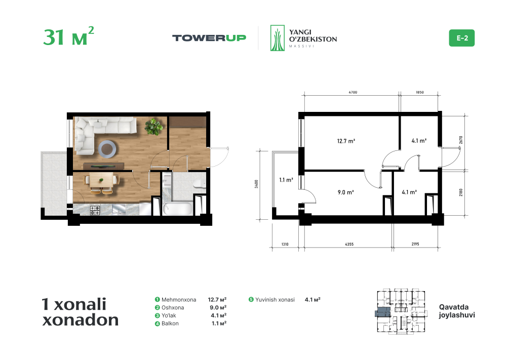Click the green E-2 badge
[x=461, y=38]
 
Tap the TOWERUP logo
[x=209, y=38]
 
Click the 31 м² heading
[x=68, y=36]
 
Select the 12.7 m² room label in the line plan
[x=346, y=141]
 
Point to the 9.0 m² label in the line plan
[x=346, y=192]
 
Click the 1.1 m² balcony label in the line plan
[x=286, y=180]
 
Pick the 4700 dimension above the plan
[x=353, y=92]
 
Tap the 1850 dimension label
[x=420, y=92]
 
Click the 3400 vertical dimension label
[x=256, y=184]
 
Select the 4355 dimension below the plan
[x=349, y=244]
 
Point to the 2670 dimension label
[x=461, y=140]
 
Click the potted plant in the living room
[x=153, y=127]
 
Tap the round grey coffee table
[x=107, y=149]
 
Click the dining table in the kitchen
[x=102, y=180]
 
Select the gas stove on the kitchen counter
[x=95, y=210]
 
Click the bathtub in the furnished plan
[x=177, y=209]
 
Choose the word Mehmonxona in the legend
[x=179, y=300]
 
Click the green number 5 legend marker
[x=251, y=300]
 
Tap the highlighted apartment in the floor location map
[x=383, y=312]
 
